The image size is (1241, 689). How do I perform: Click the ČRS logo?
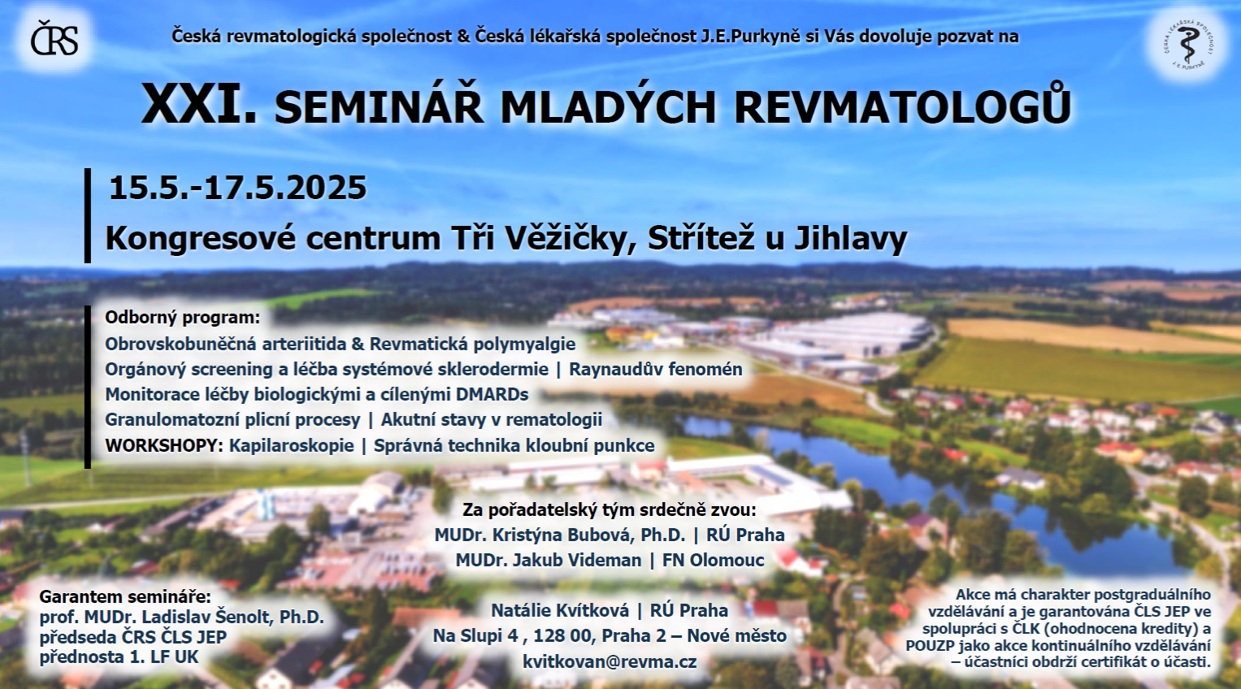click(x=54, y=38)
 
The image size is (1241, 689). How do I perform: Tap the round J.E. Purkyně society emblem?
click(x=1187, y=42)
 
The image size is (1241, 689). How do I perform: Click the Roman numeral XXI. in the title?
click(x=200, y=104)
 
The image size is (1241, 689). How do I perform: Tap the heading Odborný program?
click(x=182, y=318)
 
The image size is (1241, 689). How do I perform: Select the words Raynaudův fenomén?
click(x=655, y=369)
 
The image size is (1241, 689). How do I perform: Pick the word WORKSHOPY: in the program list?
click(x=164, y=445)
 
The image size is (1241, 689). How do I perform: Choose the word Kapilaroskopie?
click(x=292, y=446)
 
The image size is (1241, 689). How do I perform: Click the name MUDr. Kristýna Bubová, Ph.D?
click(x=560, y=535)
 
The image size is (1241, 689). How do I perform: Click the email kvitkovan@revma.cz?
click(x=610, y=661)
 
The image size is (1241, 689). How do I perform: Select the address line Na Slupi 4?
click(x=475, y=636)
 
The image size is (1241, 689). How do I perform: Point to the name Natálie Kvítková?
click(x=560, y=610)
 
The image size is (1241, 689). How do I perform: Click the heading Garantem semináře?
click(x=125, y=597)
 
